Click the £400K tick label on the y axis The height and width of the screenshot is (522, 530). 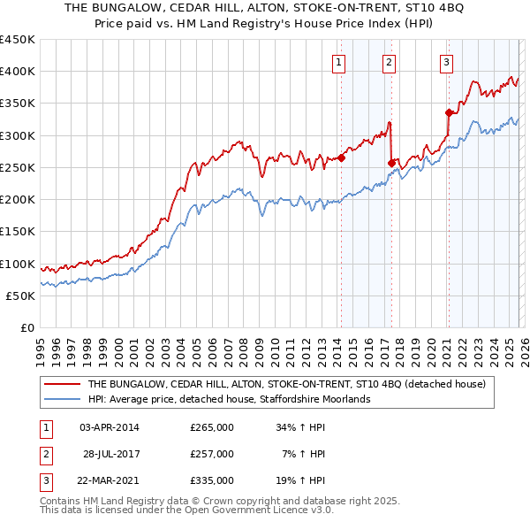pos(18,72)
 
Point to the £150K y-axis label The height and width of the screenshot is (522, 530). pos(18,232)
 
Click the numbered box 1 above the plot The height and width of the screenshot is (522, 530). pos(340,62)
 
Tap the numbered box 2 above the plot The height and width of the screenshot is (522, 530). pos(389,62)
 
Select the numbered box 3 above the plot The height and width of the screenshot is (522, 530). pos(447,62)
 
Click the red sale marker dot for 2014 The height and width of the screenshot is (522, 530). pos(341,158)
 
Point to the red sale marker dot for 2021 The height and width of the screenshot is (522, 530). pos(449,112)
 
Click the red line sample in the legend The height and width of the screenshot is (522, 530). pos(62,385)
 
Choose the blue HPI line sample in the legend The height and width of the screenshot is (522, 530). pos(62,400)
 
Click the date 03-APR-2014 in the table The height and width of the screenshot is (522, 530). pos(110,427)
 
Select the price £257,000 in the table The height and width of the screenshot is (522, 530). pos(212,454)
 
